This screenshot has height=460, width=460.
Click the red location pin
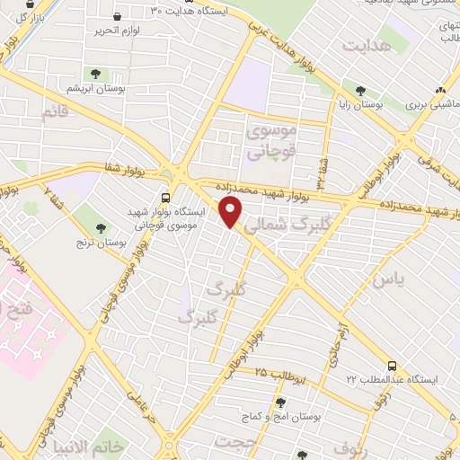(232, 212)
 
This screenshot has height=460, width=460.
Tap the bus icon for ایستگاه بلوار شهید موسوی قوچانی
(164, 198)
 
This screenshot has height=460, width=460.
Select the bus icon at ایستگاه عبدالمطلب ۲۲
(392, 366)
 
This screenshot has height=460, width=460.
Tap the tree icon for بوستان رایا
(360, 90)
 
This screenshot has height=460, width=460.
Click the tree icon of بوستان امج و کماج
(280, 403)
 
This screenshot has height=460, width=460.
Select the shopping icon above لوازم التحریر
(119, 16)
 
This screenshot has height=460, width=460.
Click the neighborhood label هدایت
(370, 44)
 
